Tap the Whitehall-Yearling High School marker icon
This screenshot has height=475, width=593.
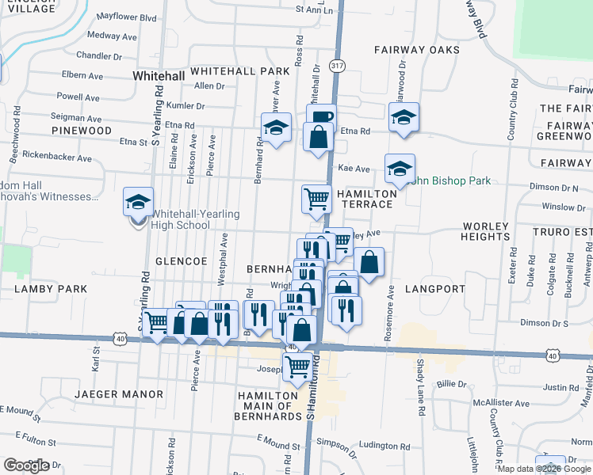(138, 202)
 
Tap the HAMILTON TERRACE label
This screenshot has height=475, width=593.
(365, 199)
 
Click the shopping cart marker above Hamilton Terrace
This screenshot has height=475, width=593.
(316, 199)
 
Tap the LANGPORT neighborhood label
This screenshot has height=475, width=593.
(434, 289)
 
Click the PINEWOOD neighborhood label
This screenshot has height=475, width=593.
(82, 130)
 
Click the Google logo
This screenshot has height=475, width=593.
(26, 465)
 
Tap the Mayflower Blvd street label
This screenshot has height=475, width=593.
(126, 17)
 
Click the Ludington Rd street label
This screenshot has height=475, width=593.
(384, 446)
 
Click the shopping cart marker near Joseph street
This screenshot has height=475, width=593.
(297, 366)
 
